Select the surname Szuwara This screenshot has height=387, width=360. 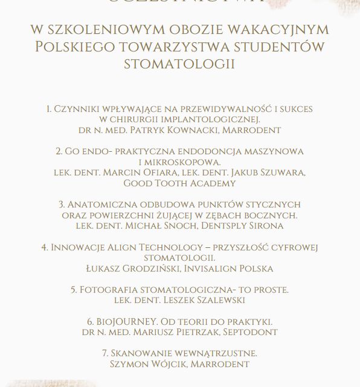point(281,172)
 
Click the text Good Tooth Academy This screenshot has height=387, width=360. point(179,183)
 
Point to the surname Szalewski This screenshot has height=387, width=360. point(211,300)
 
